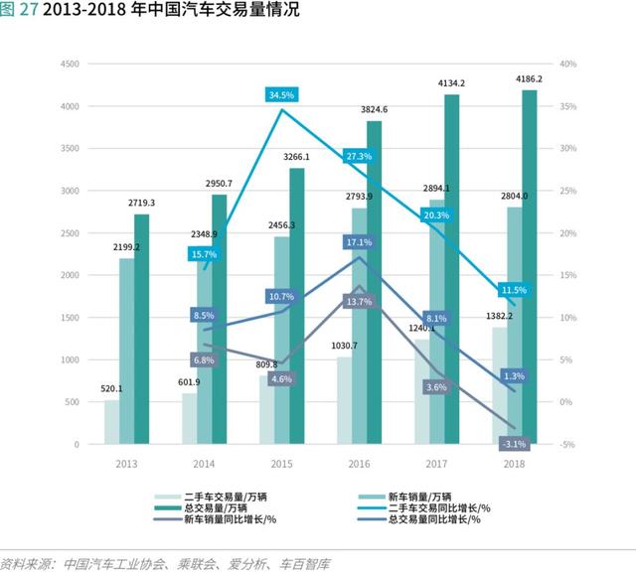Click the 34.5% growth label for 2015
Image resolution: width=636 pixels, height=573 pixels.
[281, 94]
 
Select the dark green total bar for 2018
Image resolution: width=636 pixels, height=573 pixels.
[529, 268]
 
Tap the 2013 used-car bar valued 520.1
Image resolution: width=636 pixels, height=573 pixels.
[111, 422]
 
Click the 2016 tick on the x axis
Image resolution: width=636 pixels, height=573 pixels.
[360, 464]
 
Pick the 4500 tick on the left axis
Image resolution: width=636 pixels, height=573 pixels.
[70, 64]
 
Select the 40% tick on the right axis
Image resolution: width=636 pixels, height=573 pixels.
[568, 64]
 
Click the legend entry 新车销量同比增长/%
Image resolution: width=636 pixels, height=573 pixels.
[224, 519]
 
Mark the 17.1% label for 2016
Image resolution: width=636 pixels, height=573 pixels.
[359, 242]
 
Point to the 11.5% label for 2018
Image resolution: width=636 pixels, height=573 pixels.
[514, 290]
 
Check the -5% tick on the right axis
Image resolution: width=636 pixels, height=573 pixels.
[568, 444]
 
